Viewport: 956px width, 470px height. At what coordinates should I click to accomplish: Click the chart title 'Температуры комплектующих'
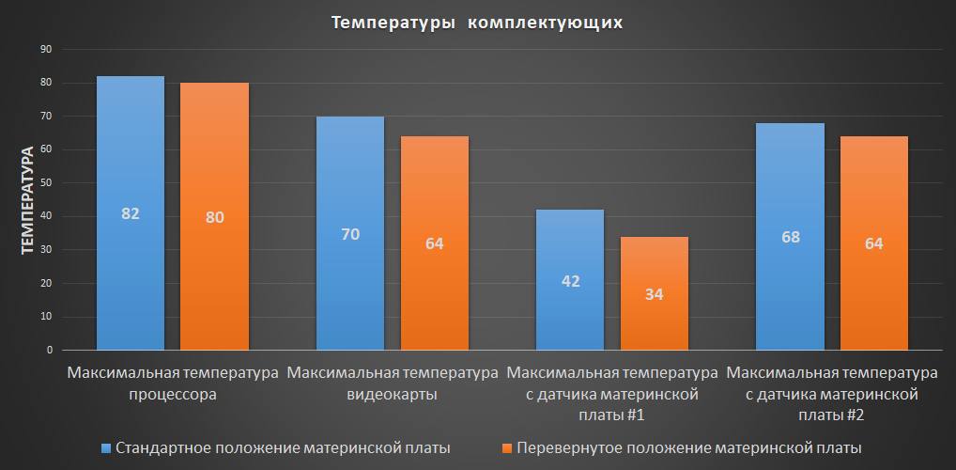click(477, 22)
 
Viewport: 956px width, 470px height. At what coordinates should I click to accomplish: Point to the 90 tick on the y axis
click(46, 50)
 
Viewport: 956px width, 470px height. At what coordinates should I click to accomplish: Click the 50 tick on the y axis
click(46, 183)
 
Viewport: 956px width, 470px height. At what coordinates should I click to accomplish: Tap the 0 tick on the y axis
click(49, 350)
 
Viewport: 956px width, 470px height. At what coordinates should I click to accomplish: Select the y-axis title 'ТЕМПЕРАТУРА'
click(27, 199)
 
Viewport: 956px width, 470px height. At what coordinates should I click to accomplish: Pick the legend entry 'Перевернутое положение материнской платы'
click(688, 446)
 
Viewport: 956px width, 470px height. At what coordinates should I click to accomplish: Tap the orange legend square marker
click(508, 446)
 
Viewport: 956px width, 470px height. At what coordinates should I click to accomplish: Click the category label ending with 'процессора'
click(173, 384)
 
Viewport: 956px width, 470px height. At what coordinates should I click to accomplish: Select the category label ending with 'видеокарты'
click(393, 384)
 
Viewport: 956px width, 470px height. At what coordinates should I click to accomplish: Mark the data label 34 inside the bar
click(655, 294)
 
